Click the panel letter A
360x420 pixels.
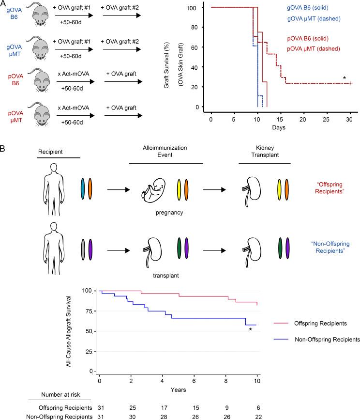[x=4, y=4]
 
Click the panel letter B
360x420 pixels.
[x=4, y=146]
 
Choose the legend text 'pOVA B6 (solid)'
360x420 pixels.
[x=312, y=39]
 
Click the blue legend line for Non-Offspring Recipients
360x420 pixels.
[x=282, y=340]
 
